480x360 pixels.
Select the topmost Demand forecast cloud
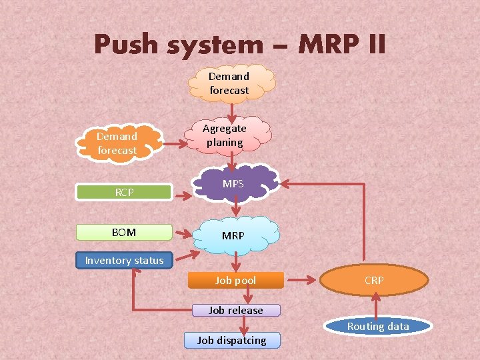pyautogui.click(x=229, y=83)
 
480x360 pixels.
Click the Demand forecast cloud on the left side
pyautogui.click(x=118, y=143)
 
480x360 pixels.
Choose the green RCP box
pyautogui.click(x=124, y=193)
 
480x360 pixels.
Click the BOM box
pyautogui.click(x=124, y=233)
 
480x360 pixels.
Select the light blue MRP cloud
pyautogui.click(x=234, y=235)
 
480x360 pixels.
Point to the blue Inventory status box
pyautogui.click(x=124, y=261)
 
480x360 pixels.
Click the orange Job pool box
pyautogui.click(x=235, y=281)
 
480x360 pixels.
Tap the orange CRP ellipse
pyautogui.click(x=374, y=281)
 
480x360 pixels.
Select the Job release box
pyautogui.click(x=235, y=310)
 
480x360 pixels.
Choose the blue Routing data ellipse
pyautogui.click(x=378, y=326)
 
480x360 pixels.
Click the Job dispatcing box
pyautogui.click(x=232, y=340)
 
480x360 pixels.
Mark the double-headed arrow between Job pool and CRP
pyautogui.click(x=303, y=281)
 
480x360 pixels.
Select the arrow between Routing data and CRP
pyautogui.click(x=377, y=307)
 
